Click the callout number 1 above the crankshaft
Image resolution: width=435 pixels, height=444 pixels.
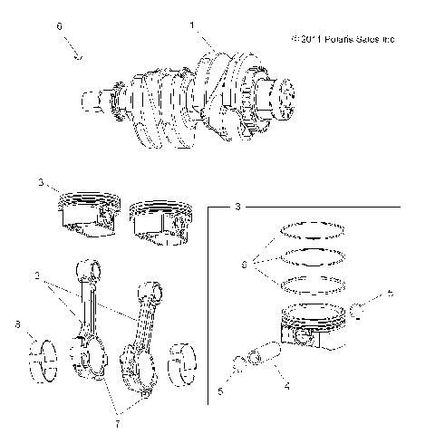(191, 26)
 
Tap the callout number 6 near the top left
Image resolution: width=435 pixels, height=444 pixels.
(60, 28)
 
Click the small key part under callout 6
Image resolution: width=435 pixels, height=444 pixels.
(79, 55)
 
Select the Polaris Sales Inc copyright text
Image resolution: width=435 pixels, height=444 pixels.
(343, 40)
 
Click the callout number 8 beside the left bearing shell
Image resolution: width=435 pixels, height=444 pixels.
(17, 323)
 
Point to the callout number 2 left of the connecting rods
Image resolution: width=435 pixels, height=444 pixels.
(35, 275)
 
